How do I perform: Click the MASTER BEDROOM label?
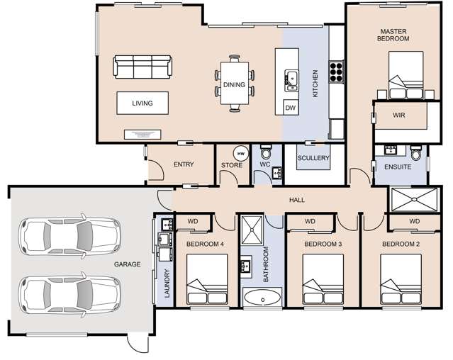(x=394, y=35)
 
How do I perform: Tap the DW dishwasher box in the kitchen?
(x=290, y=108)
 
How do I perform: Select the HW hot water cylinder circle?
(x=240, y=153)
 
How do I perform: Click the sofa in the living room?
(x=143, y=68)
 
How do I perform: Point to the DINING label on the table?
(x=234, y=85)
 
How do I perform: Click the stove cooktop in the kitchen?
(x=335, y=71)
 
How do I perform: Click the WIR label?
(x=399, y=116)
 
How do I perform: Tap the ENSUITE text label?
(x=398, y=167)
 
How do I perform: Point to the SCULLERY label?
(x=313, y=158)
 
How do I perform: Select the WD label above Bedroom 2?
(x=415, y=221)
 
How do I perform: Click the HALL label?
(x=296, y=200)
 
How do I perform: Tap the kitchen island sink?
(x=291, y=79)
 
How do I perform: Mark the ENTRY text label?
(x=184, y=164)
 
